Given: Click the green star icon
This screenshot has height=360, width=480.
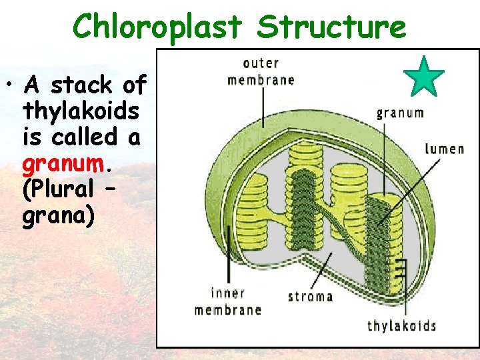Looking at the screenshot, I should [424, 77].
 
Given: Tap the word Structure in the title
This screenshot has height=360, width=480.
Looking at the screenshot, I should [331, 28].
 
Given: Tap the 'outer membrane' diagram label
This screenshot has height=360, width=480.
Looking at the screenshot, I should [261, 72].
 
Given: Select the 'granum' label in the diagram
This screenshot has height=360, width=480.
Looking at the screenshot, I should [400, 113].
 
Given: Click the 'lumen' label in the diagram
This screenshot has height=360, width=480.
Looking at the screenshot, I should [444, 148].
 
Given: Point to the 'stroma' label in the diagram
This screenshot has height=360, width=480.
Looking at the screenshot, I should [310, 295].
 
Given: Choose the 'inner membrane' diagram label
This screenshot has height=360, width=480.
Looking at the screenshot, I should [227, 301].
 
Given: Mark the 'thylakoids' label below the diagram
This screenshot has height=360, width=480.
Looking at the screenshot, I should [401, 325].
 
